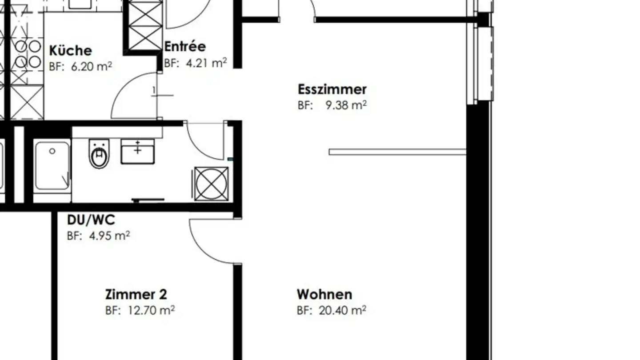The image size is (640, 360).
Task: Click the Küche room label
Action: click(70, 50)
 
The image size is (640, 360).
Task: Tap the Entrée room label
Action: click(185, 47)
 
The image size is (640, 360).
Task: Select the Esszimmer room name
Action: click(332, 89)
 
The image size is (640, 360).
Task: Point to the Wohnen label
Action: click(324, 294)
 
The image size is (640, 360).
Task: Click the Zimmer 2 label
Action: click(136, 294)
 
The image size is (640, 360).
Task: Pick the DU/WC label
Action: click(91, 220)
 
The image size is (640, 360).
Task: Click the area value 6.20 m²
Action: click(91, 66)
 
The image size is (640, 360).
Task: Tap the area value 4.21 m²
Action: click(205, 63)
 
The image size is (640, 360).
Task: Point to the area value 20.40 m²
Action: click(342, 310)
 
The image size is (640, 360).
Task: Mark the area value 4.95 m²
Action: click(108, 236)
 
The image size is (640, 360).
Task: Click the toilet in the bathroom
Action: click(99, 153)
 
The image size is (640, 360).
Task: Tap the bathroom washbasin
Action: click(138, 151)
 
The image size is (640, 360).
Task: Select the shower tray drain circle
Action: click(52, 151)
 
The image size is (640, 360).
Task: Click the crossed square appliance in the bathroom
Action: click(212, 184)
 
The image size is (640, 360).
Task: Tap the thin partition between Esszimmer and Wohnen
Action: click(397, 152)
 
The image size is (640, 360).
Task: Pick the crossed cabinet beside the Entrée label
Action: click(145, 25)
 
